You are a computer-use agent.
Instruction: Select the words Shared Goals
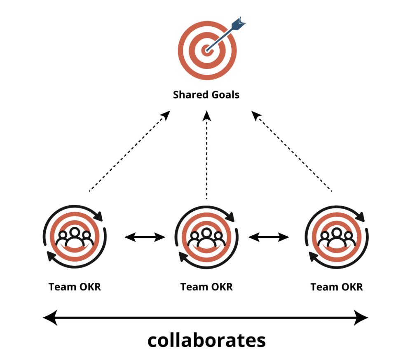(206, 95)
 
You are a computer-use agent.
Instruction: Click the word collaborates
(206, 341)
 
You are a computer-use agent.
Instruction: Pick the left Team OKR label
(75, 287)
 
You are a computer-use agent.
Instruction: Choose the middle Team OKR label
(206, 287)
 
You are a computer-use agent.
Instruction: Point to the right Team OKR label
(337, 287)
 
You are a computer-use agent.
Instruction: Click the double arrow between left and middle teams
(145, 237)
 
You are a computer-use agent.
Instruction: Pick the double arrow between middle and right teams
(269, 237)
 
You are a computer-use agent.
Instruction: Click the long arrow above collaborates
(206, 317)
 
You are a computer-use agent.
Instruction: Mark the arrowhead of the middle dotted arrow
(207, 115)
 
